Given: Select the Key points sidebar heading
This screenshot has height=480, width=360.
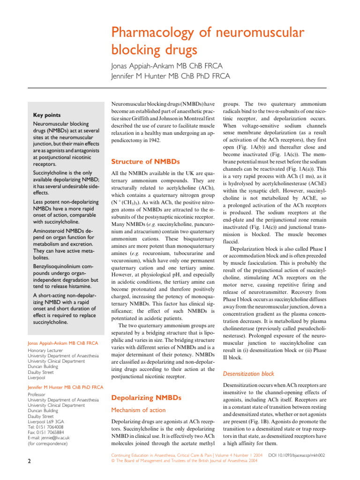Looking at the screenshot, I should point(46,115).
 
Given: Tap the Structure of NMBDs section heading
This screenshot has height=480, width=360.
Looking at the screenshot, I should point(145,162).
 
